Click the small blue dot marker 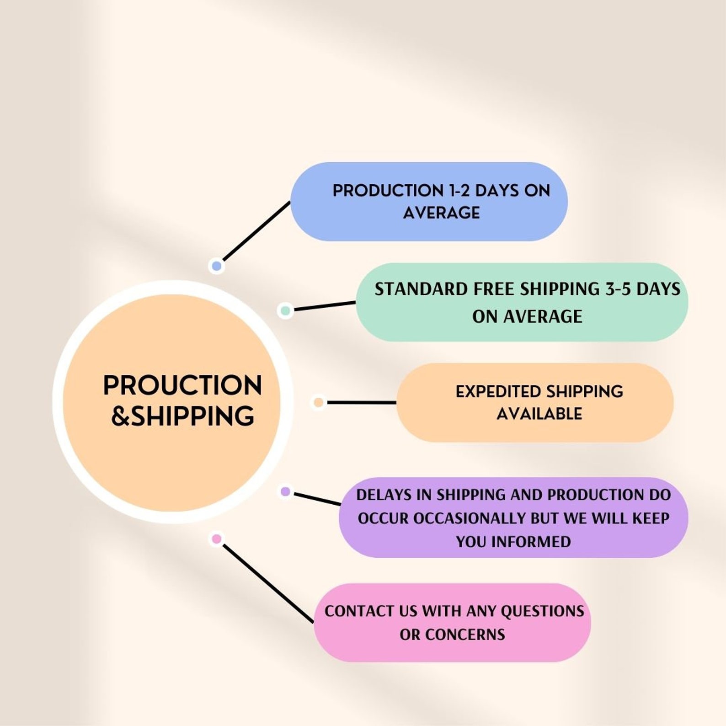pos(217,266)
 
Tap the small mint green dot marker pos(285,311)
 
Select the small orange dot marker pos(318,402)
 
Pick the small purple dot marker pos(285,491)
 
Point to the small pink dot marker pos(217,539)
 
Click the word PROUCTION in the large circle pos(182,385)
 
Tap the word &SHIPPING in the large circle pos(182,416)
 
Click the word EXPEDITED pos(497,392)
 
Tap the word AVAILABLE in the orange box pos(539,414)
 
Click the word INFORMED pos(531,542)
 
